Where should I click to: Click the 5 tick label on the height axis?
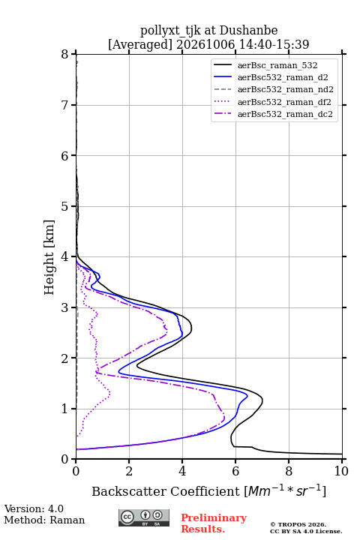(x=65, y=206)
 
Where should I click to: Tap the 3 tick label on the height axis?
(x=65, y=307)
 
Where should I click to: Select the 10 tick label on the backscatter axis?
(x=341, y=471)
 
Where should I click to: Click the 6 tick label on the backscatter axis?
(x=235, y=471)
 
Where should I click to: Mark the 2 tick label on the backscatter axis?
(x=129, y=471)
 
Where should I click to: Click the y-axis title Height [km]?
(x=49, y=257)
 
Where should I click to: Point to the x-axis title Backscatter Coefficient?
(x=166, y=491)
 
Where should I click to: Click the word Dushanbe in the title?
(x=248, y=31)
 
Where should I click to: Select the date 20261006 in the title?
(x=205, y=44)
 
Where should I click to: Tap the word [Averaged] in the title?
(x=139, y=44)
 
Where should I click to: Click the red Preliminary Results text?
(x=214, y=523)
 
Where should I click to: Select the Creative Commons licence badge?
(x=144, y=518)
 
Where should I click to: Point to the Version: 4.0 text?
(x=34, y=508)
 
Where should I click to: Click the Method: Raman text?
(x=44, y=520)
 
